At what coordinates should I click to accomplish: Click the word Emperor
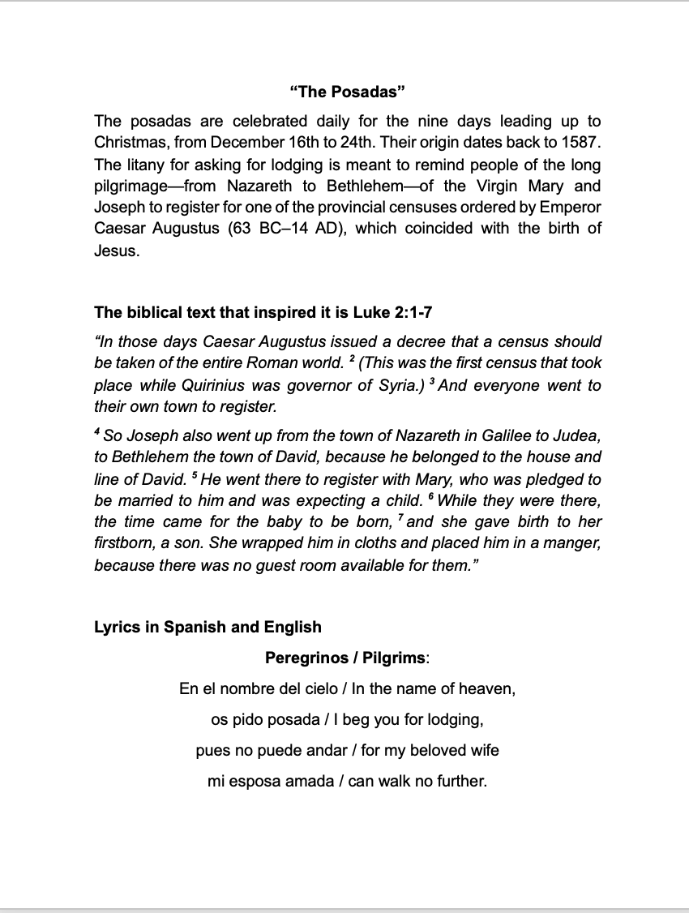point(571,206)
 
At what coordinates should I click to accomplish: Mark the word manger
point(568,542)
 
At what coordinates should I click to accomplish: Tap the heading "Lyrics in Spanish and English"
point(208,627)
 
